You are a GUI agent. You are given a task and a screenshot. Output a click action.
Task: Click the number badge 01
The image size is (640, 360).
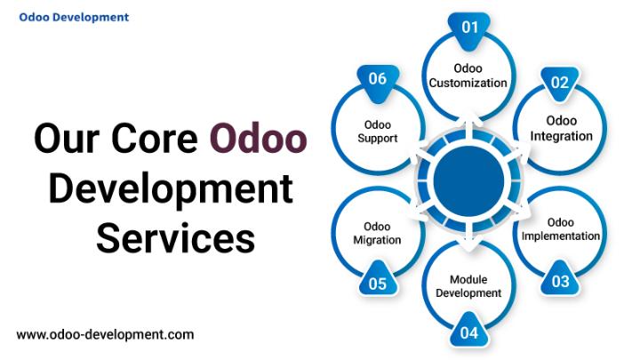pos(469,29)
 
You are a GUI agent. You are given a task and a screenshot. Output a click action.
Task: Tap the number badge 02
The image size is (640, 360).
pos(560,84)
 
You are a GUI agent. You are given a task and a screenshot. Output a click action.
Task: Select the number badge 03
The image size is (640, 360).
pos(560,279)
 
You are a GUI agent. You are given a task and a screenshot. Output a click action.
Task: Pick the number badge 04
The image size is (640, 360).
pos(469,331)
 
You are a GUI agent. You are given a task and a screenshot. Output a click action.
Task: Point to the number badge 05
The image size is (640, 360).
pos(378,281)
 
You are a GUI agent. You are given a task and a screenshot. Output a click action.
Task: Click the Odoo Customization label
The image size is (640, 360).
pos(468,76)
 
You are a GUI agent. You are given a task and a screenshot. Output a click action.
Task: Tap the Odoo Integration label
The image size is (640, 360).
pos(561,128)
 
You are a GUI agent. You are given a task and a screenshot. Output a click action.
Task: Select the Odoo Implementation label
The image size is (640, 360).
pos(560,229)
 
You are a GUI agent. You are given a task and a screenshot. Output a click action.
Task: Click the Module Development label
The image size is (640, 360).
pos(468,286)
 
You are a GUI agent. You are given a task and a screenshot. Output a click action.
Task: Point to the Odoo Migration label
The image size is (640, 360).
pos(377,233)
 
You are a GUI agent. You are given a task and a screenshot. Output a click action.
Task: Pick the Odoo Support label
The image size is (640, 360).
pos(378,132)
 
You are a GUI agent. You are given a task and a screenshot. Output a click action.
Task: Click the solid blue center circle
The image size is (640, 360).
pos(468,180)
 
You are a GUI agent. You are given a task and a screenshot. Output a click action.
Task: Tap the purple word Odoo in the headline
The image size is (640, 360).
pos(259,139)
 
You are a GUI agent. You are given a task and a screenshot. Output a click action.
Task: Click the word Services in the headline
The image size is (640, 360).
pos(176,238)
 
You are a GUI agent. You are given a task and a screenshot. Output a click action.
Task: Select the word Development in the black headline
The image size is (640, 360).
pos(171,188)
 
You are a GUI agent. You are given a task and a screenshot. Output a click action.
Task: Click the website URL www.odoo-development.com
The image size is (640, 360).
pos(105,335)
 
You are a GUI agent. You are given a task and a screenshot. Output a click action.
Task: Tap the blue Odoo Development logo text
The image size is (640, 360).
pos(74,17)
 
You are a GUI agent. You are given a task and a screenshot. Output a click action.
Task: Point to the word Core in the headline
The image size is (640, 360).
pos(155,139)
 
